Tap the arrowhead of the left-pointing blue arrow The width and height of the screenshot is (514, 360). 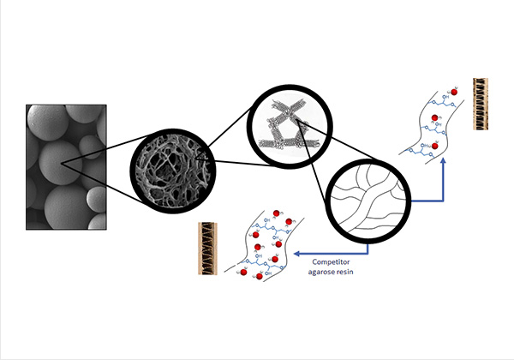coord(295,254)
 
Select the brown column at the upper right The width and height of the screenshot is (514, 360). coord(480,104)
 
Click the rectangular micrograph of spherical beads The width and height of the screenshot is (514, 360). coord(66,166)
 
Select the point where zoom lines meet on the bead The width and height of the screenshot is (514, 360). coord(62,159)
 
